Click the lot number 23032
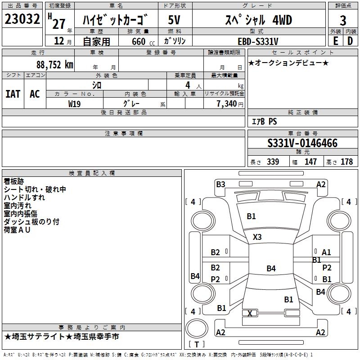[x=22, y=19]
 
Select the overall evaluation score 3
[x=343, y=21]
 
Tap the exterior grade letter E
[x=335, y=40]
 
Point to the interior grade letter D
[x=350, y=40]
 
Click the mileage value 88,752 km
[x=54, y=64]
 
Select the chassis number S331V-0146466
[x=302, y=144]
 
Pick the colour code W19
[x=75, y=103]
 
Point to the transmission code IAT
[x=13, y=94]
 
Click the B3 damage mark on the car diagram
[x=220, y=184]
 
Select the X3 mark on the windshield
[x=257, y=237]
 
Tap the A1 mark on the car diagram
[x=326, y=252]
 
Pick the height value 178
[x=346, y=162]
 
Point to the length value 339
[x=272, y=162]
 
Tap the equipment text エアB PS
[x=264, y=121]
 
